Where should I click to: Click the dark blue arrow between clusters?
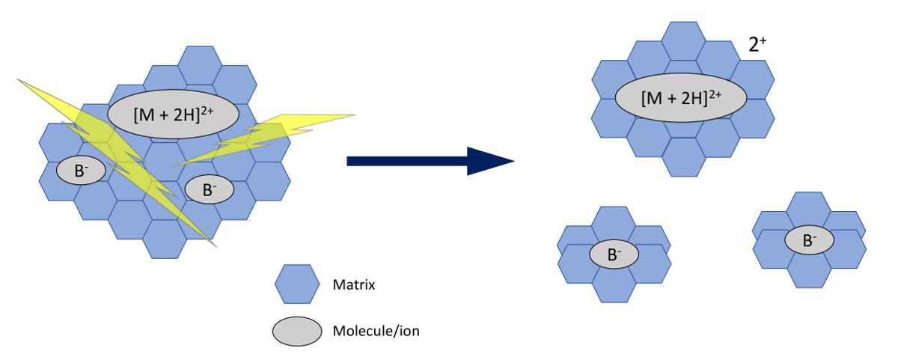pos(419,161)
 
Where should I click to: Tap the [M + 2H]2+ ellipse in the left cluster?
pos(173,115)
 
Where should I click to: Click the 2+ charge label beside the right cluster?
pos(758,46)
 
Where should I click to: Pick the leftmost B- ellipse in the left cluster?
pos(79,171)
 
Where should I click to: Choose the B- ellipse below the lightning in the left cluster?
pos(209,190)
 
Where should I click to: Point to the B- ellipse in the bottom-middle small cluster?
pos(614,254)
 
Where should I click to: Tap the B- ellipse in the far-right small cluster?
pos(809,240)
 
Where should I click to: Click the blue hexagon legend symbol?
pos(299,284)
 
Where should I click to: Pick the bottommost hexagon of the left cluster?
pos(164,238)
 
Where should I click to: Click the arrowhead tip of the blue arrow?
pos(513,161)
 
